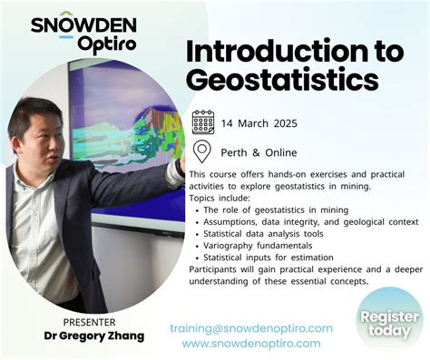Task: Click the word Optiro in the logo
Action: (107, 44)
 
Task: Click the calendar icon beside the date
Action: (203, 122)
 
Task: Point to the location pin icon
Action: (203, 151)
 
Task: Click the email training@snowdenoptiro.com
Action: (251, 328)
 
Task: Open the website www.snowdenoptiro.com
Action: (251, 344)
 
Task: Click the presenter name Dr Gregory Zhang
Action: (94, 336)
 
